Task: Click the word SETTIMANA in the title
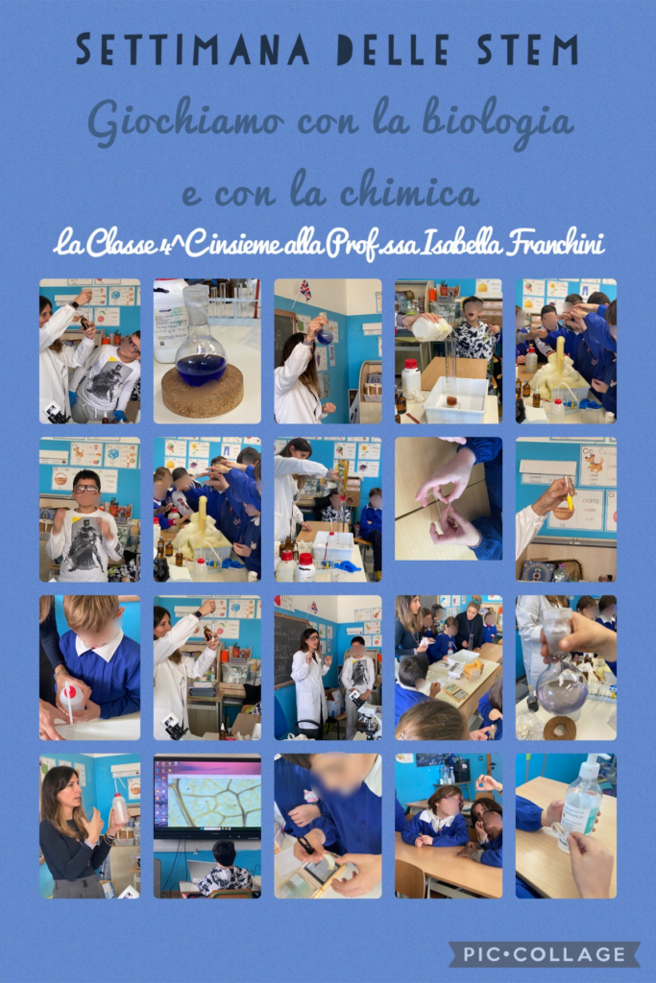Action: click(x=193, y=50)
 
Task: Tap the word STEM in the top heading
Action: click(x=527, y=50)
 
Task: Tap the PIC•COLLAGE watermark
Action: click(x=545, y=954)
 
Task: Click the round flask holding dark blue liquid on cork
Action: click(x=201, y=347)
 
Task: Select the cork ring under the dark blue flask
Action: click(x=203, y=392)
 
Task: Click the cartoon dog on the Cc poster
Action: click(x=594, y=463)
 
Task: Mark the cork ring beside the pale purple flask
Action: click(x=559, y=728)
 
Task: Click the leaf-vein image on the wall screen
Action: click(x=207, y=803)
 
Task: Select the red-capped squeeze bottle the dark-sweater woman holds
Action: click(x=120, y=808)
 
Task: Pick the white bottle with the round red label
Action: click(x=71, y=693)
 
